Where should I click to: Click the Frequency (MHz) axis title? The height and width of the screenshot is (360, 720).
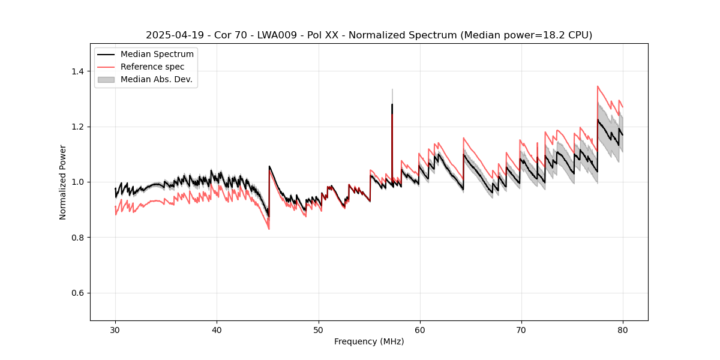(369, 341)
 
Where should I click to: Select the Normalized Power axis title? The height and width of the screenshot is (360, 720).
(63, 182)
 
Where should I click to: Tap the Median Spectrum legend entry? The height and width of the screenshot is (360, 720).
(157, 55)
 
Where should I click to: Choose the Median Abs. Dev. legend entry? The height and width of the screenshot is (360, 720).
(156, 79)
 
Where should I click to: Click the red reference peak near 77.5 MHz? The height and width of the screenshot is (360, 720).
(598, 86)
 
